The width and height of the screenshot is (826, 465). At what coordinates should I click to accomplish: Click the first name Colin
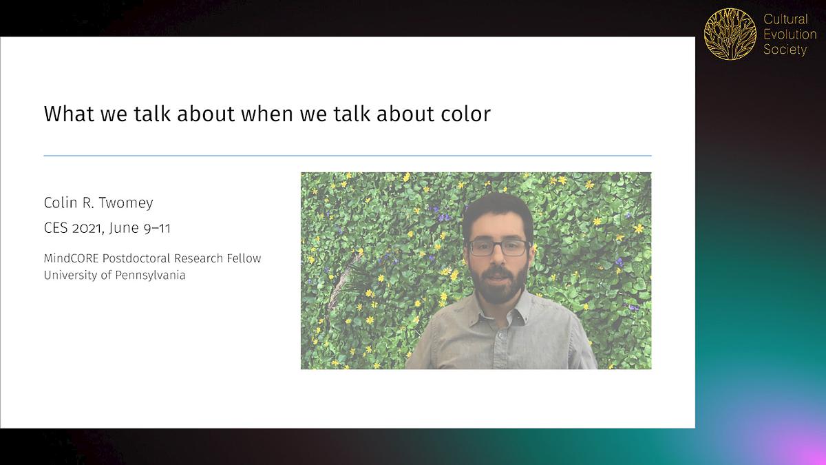coord(60,203)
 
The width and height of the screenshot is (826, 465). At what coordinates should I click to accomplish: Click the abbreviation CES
coord(55,229)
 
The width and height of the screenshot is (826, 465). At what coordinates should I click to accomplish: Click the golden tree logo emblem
coord(730,34)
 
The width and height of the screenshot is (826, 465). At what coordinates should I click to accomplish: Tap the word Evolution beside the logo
coord(790,34)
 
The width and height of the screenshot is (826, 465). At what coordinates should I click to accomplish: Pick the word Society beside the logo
coord(785,50)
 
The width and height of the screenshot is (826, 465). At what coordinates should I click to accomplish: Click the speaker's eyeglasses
coord(497,247)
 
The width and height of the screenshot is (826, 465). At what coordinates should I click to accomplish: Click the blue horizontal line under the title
coord(347,156)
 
